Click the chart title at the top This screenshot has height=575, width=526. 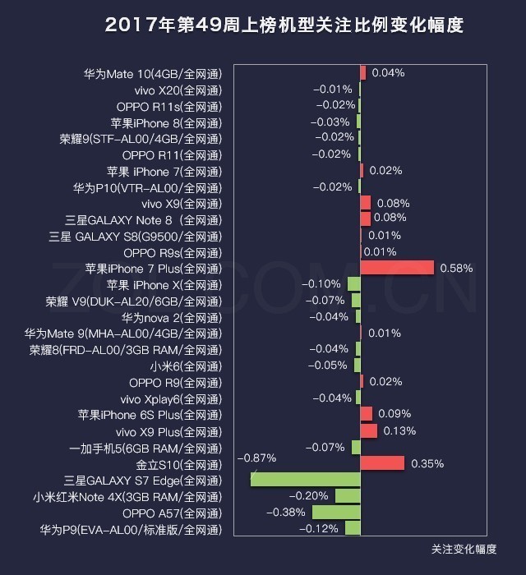coord(284,25)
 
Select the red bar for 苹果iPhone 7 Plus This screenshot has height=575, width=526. coord(397,268)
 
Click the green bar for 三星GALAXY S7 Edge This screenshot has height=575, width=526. coord(305,480)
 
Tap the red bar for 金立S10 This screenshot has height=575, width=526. coord(382,463)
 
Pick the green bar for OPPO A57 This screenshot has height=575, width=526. coord(336,513)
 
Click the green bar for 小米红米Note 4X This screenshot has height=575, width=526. coord(348,496)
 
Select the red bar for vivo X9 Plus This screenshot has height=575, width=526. coord(369,431)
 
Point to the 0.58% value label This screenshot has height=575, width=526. coord(456,268)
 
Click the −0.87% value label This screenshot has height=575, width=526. coord(256,458)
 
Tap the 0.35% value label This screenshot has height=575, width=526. coord(427,463)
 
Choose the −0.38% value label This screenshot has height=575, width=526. coord(286,513)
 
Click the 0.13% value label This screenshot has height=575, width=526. coord(399,431)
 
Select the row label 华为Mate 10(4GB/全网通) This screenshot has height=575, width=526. coord(152,73)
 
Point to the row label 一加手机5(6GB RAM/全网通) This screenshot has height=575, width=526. coord(145,448)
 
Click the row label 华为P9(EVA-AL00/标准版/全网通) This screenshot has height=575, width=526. coord(131,529)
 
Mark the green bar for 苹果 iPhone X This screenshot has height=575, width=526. coord(354,284)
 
